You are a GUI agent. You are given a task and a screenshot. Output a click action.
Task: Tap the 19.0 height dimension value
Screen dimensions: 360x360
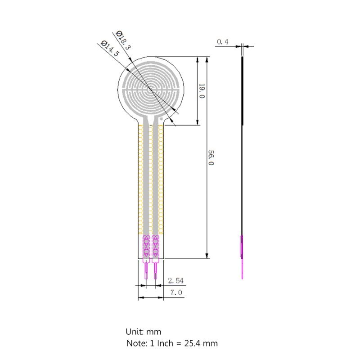click(202, 91)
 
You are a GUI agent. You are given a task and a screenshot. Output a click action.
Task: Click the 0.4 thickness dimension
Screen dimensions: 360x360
click(223, 42)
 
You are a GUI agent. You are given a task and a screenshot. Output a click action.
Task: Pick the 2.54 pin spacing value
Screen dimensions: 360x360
click(175, 281)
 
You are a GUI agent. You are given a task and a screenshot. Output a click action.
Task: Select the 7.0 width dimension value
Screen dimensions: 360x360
click(175, 292)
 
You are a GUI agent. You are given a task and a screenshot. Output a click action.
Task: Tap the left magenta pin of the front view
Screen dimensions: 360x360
click(145, 270)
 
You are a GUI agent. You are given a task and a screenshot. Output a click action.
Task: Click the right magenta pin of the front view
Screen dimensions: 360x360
click(156, 270)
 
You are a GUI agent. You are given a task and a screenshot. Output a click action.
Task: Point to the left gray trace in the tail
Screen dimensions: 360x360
click(146, 180)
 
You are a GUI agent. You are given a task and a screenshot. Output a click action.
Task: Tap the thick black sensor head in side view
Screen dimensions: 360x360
click(243, 90)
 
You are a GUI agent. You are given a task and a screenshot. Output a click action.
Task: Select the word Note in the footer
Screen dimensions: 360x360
click(135, 343)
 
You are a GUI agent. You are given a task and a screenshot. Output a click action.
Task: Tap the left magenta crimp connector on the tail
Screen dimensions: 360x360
click(146, 246)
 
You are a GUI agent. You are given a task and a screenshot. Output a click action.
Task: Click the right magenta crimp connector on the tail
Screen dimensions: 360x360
click(156, 246)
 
